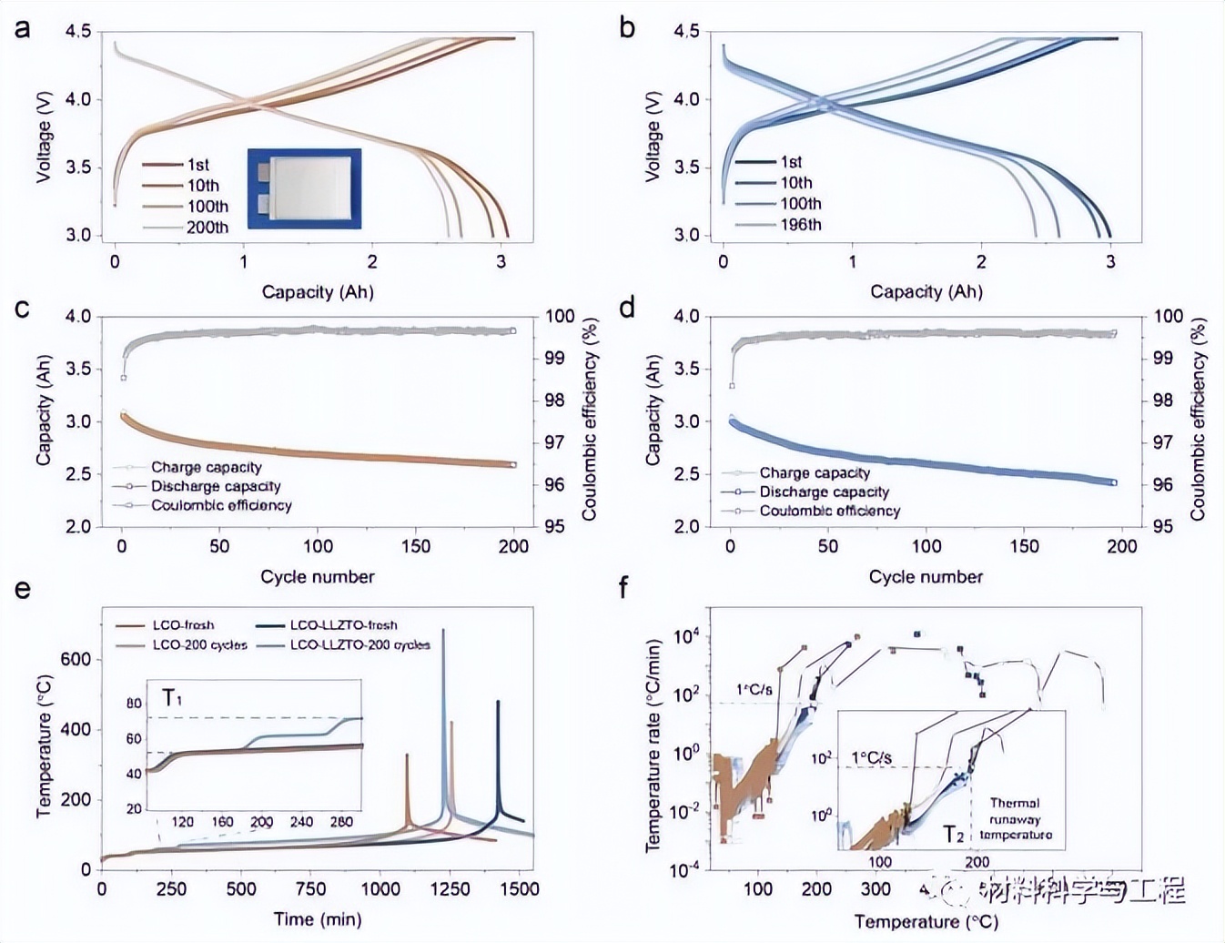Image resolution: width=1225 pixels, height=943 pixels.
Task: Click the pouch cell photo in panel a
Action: pyautogui.click(x=304, y=188)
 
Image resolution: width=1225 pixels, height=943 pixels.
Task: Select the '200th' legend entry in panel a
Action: pyautogui.click(x=208, y=228)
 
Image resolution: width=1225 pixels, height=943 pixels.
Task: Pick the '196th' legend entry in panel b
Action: pyautogui.click(x=800, y=225)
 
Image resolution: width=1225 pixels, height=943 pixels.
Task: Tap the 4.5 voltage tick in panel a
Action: pyautogui.click(x=78, y=32)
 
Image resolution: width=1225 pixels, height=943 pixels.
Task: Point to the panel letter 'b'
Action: pyautogui.click(x=627, y=28)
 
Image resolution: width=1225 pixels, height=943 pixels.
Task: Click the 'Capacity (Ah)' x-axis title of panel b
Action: pyautogui.click(x=926, y=291)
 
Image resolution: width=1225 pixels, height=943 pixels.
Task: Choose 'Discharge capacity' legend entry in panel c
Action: pyautogui.click(x=216, y=486)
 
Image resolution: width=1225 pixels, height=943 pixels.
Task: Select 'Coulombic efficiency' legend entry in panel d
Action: pyautogui.click(x=829, y=511)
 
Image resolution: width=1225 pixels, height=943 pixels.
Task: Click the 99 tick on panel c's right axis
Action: pyautogui.click(x=554, y=358)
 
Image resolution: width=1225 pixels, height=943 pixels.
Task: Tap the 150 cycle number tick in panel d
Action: pyautogui.click(x=1024, y=546)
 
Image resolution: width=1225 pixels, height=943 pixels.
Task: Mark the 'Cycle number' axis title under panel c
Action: pyautogui.click(x=317, y=577)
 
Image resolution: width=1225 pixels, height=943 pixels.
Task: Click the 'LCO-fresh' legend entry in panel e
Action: pyautogui.click(x=183, y=625)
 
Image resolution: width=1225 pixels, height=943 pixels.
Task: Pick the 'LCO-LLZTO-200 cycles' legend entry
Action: pyautogui.click(x=359, y=644)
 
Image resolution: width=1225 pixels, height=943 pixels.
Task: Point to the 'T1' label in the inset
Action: pyautogui.click(x=172, y=698)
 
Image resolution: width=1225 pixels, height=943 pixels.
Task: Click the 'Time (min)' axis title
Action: pyautogui.click(x=317, y=919)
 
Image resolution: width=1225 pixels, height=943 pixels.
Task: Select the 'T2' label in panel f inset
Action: pyautogui.click(x=953, y=834)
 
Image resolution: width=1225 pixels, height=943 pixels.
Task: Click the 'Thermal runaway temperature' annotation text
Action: pyautogui.click(x=1015, y=818)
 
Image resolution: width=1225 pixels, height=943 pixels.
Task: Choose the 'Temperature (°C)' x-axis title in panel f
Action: pyautogui.click(x=926, y=921)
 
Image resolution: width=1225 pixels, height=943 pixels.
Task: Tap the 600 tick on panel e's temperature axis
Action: pyautogui.click(x=76, y=659)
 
